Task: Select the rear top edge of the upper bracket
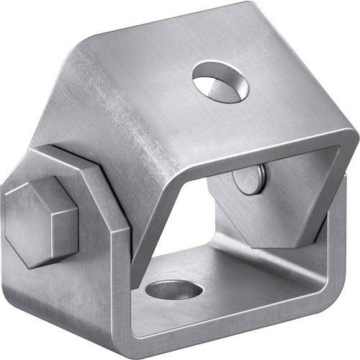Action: point(166,18)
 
